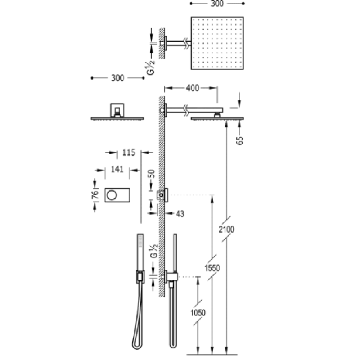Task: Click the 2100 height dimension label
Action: point(226,229)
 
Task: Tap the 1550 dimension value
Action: point(212,268)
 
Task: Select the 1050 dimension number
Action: point(198,312)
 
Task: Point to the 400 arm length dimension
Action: point(192,88)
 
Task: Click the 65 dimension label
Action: point(239,140)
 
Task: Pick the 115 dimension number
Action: point(129,152)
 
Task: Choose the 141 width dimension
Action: point(117,170)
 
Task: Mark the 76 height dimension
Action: point(95,194)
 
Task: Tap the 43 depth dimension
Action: point(180,214)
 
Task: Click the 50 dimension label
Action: point(152,174)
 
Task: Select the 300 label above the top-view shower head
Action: point(217,4)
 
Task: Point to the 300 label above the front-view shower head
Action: point(118,78)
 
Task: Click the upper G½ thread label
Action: point(151,68)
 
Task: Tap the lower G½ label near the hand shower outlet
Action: point(154,251)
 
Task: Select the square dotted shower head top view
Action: point(217,43)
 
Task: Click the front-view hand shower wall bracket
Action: point(140,276)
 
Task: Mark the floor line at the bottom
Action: point(212,355)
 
